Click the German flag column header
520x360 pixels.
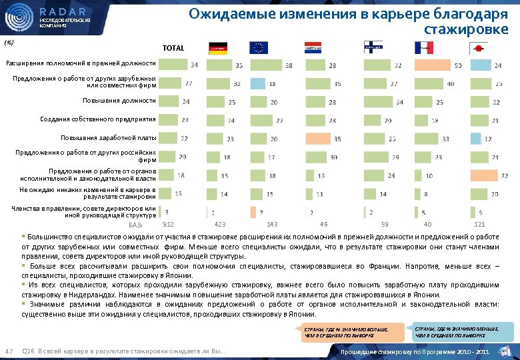pos(218,47)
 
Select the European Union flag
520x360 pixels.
pos(258,47)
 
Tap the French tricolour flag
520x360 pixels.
pos(423,47)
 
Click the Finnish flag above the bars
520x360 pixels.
pos(373,47)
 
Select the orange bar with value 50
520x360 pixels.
pos(432,65)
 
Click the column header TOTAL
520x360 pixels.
pos(173,48)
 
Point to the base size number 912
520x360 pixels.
pos(168,224)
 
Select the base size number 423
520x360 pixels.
pos(221,224)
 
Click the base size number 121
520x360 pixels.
pos(479,224)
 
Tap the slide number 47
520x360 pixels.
pos(9,352)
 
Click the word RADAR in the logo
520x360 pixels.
pos(63,11)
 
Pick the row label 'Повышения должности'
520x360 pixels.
pos(117,101)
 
